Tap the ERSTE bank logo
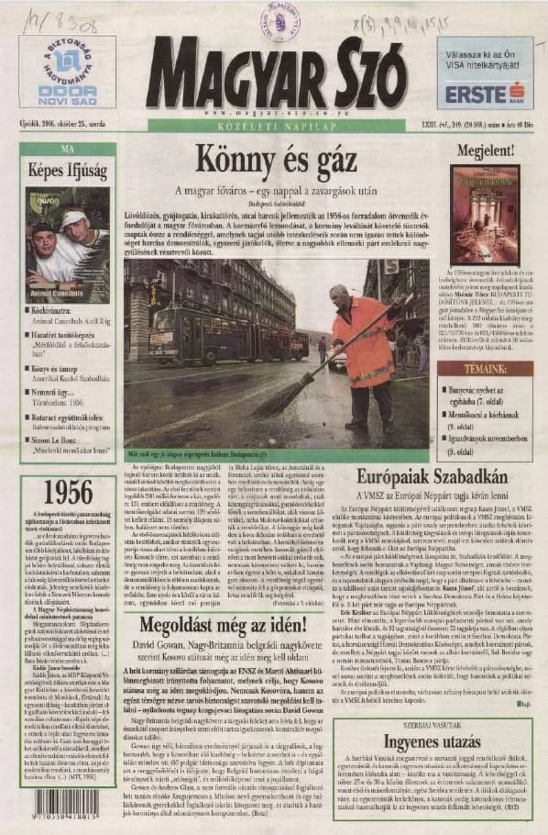click(x=484, y=93)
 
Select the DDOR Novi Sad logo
click(x=68, y=93)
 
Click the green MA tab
click(x=66, y=149)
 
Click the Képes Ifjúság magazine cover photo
click(x=66, y=245)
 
